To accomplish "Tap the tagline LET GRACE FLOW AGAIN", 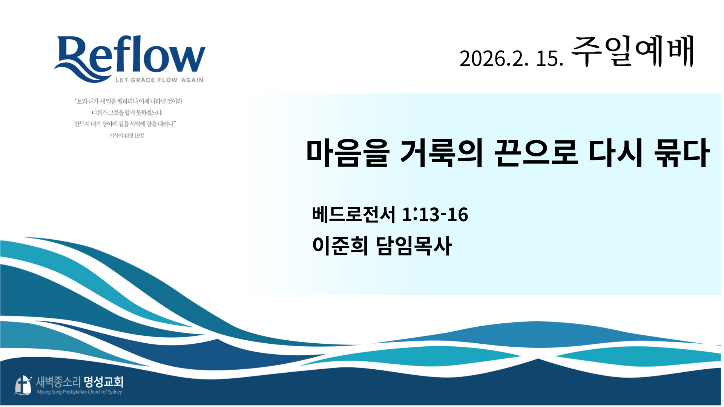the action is (x=160, y=80).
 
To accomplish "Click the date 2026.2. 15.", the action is (x=511, y=58).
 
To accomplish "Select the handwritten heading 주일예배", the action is (x=633, y=51).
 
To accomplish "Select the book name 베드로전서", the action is (x=354, y=214).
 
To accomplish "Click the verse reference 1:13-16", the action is (x=435, y=214).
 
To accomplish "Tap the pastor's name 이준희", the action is (x=340, y=246).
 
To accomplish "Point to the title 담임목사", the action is (x=414, y=246).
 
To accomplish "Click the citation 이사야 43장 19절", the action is (x=127, y=135).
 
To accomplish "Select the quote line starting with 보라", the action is (x=129, y=101).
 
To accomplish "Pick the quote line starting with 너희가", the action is (x=127, y=112).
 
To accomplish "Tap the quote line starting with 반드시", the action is (x=125, y=124).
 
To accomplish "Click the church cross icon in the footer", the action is (x=23, y=385).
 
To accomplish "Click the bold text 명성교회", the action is (x=104, y=382).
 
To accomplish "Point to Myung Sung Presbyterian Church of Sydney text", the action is (x=80, y=392).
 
